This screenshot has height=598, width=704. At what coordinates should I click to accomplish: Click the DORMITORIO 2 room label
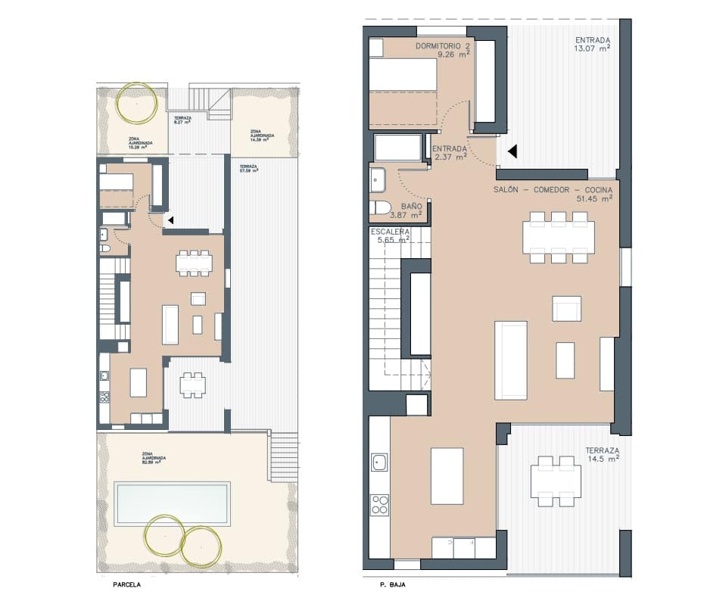pos(443,46)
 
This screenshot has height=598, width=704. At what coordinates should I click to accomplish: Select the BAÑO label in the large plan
pos(412,206)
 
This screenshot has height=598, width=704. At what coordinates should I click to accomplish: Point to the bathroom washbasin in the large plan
pos(378,180)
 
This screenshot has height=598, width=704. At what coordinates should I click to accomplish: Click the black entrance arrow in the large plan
pos(512,151)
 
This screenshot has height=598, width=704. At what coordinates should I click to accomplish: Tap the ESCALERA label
pos(390,232)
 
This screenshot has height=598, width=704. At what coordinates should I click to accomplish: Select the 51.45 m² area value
pos(594,199)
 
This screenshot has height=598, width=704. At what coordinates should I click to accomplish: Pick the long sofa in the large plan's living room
pos(511,360)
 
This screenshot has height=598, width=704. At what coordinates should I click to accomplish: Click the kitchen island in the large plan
pos(447,475)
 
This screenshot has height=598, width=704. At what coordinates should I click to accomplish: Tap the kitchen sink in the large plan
pos(379,462)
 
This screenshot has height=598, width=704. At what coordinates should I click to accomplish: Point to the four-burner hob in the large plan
pos(379,503)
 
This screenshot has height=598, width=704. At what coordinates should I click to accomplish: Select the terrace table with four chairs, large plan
pos(556,480)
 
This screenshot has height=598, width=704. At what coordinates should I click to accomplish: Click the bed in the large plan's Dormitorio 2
pos(403,83)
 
